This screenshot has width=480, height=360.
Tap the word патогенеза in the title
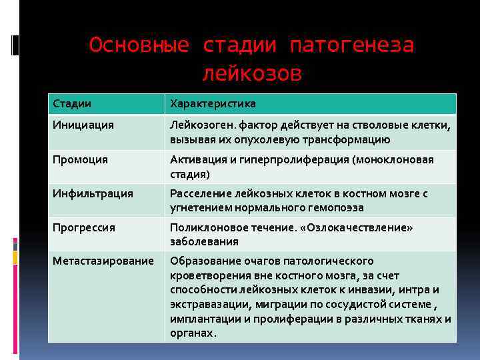click(352, 45)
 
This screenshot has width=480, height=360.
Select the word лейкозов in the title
click(251, 73)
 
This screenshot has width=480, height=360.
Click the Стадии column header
click(73, 104)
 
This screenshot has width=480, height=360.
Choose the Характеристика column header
click(213, 104)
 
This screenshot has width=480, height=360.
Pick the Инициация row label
click(84, 125)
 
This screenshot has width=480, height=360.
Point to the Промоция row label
click(81, 159)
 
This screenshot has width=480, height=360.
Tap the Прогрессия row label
click(85, 227)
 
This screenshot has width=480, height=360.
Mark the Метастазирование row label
click(103, 261)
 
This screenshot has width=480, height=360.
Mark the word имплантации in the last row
click(201, 319)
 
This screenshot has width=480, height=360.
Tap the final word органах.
click(193, 333)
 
